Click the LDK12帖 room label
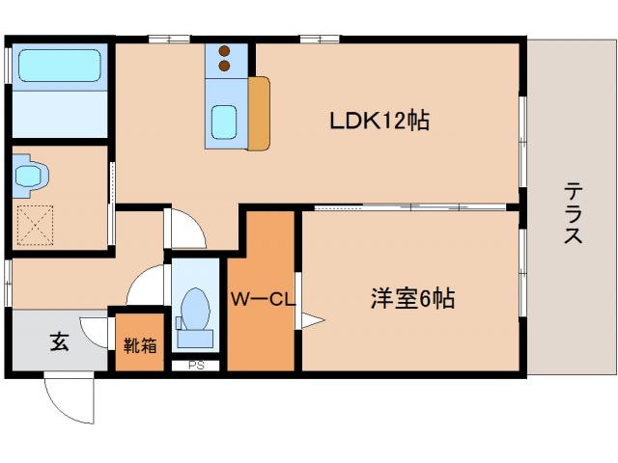379,122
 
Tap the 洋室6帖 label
410,298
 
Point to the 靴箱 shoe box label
140,344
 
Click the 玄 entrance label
59,342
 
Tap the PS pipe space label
196,366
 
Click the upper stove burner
225,51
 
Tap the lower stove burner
225,66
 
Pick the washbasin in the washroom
31,176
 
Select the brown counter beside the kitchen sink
260,114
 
